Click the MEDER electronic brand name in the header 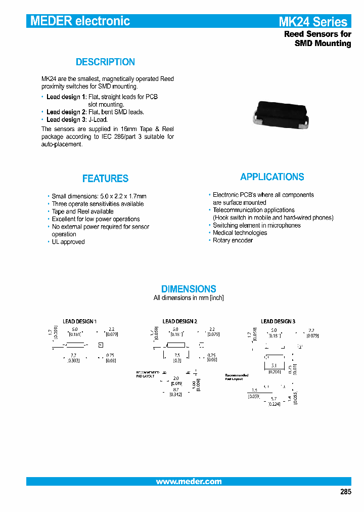pos(80,21)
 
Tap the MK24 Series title pos(313,22)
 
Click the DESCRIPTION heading pos(105,62)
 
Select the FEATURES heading pos(105,179)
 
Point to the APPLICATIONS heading pos(272,177)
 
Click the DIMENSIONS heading pos(189,289)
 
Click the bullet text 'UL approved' pos(68,242)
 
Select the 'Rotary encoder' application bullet pos(233,240)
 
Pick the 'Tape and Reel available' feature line pos(82,211)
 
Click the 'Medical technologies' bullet pos(240,233)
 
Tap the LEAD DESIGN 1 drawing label pos(79,321)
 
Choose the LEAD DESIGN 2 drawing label pos(179,321)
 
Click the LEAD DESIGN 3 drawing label pos(278,321)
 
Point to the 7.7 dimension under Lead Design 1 pos(73,356)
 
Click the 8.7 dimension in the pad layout pos(175,390)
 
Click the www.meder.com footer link pos(189,482)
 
